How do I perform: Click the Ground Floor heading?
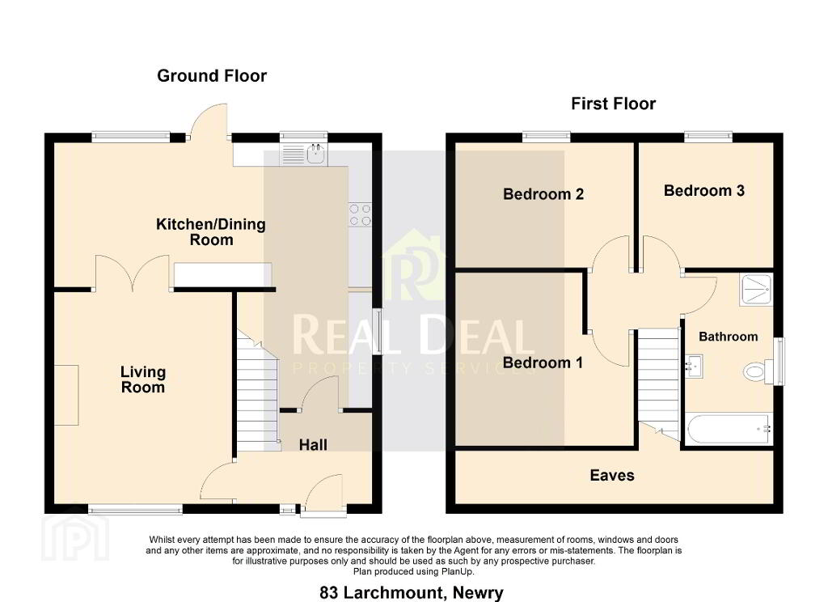212,76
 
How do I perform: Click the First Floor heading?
614,104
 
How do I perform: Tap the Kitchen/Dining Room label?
211,231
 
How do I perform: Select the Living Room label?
143,379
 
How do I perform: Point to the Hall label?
313,445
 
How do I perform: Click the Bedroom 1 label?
543,362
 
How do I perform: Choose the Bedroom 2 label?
543,194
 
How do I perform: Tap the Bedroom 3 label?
704,190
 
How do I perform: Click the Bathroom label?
729,337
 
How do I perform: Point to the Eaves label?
612,475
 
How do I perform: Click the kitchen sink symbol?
305,154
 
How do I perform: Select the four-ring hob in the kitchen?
360,215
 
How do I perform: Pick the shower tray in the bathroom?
756,290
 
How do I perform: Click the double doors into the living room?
132,273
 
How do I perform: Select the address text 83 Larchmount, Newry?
412,592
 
